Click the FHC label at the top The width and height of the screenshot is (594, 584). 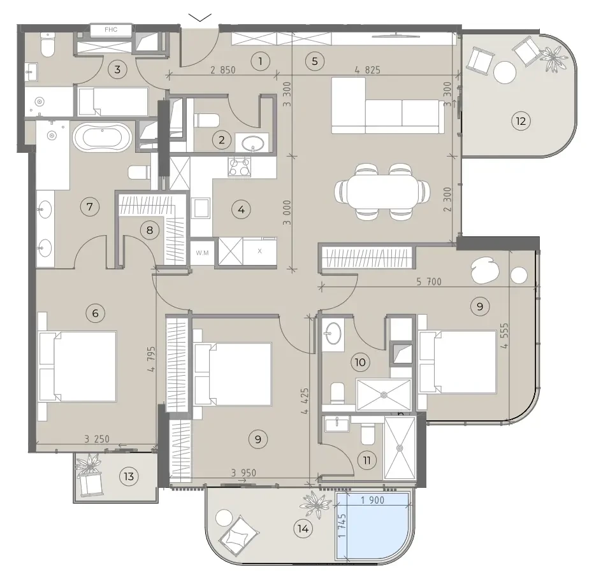tap(111, 29)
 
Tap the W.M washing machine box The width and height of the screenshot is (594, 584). tap(202, 252)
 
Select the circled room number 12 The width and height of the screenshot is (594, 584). tap(521, 121)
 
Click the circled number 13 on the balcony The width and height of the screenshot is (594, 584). tap(129, 476)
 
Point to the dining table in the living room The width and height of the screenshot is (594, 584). tap(382, 191)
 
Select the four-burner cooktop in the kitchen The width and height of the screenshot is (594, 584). tap(240, 166)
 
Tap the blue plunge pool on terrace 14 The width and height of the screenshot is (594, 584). tap(373, 526)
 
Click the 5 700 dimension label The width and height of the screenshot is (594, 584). tap(429, 281)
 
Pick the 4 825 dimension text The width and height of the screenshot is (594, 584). tap(368, 70)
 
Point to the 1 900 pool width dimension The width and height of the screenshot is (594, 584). tap(372, 500)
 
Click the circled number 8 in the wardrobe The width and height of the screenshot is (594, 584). tap(150, 230)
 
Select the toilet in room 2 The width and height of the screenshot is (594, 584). tap(207, 120)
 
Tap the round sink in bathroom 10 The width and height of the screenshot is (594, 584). tap(333, 334)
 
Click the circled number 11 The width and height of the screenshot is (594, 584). tap(366, 460)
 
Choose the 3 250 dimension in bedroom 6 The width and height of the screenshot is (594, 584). tap(97, 439)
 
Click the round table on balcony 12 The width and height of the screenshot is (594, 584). tap(505, 73)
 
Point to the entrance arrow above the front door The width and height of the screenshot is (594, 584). tap(200, 17)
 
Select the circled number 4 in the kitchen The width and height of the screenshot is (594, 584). tap(242, 210)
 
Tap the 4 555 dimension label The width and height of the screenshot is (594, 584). tap(504, 336)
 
